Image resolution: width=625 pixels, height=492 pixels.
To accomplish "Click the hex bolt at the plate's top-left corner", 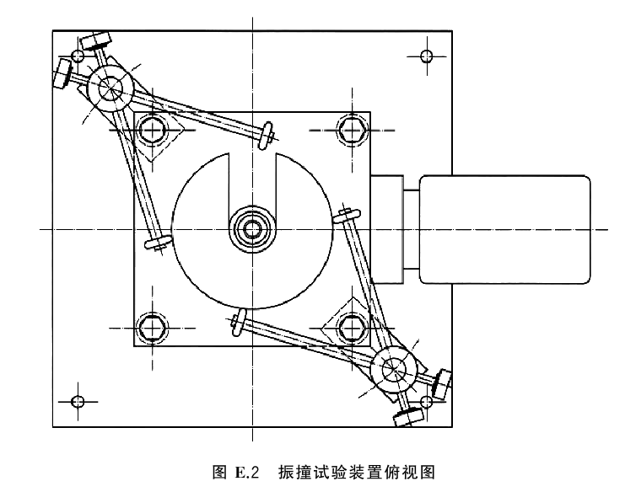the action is (x=152, y=130).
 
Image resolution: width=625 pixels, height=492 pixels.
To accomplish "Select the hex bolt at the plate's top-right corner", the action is (x=352, y=130).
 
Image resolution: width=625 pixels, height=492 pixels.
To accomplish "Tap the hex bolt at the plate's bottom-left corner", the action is (x=152, y=328).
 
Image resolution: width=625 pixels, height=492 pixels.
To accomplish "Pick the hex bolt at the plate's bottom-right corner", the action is (x=352, y=328).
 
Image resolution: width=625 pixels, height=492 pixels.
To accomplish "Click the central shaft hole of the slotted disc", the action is (x=252, y=229).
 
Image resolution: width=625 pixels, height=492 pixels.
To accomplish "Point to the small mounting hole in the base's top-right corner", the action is (x=427, y=56).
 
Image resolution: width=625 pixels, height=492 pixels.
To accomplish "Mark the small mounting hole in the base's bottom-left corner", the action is (x=78, y=401).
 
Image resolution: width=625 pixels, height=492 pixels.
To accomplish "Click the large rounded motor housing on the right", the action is (x=504, y=229).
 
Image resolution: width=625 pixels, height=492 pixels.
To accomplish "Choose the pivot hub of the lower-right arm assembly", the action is (x=393, y=369).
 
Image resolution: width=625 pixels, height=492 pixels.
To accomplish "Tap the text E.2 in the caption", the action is (x=247, y=472).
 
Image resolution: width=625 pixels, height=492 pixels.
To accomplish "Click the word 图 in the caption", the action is (x=219, y=472).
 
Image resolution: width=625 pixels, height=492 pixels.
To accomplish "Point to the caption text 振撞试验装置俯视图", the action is (x=356, y=472).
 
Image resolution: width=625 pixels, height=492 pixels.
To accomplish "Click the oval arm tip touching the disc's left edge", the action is (x=159, y=241).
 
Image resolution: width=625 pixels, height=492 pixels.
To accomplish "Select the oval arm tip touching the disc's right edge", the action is (x=347, y=216).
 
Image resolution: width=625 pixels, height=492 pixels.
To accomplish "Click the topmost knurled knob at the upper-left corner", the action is (x=95, y=40).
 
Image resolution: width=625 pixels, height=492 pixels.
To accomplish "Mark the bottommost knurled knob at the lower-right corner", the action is (x=408, y=417).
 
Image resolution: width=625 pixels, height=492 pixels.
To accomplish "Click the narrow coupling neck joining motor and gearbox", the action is (x=412, y=229).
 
